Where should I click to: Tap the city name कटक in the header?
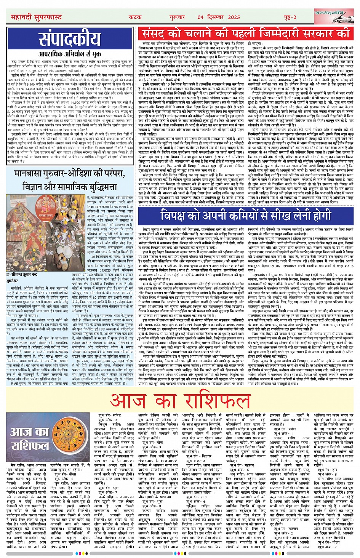click(x=135, y=17)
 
